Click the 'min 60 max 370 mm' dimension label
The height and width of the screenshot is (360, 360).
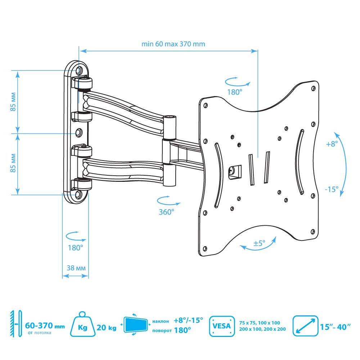point(173,44)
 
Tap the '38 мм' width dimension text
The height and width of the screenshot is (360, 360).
point(76,268)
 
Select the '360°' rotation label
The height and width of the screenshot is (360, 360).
point(166,212)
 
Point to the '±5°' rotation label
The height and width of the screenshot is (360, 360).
point(259,243)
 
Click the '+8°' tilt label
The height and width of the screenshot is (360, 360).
point(332,144)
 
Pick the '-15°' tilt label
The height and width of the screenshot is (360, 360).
point(332,189)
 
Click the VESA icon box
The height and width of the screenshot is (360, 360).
point(222,326)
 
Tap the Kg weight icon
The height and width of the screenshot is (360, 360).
point(83,324)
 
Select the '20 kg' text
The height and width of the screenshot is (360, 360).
point(106,327)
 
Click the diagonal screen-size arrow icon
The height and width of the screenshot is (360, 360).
point(305,326)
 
